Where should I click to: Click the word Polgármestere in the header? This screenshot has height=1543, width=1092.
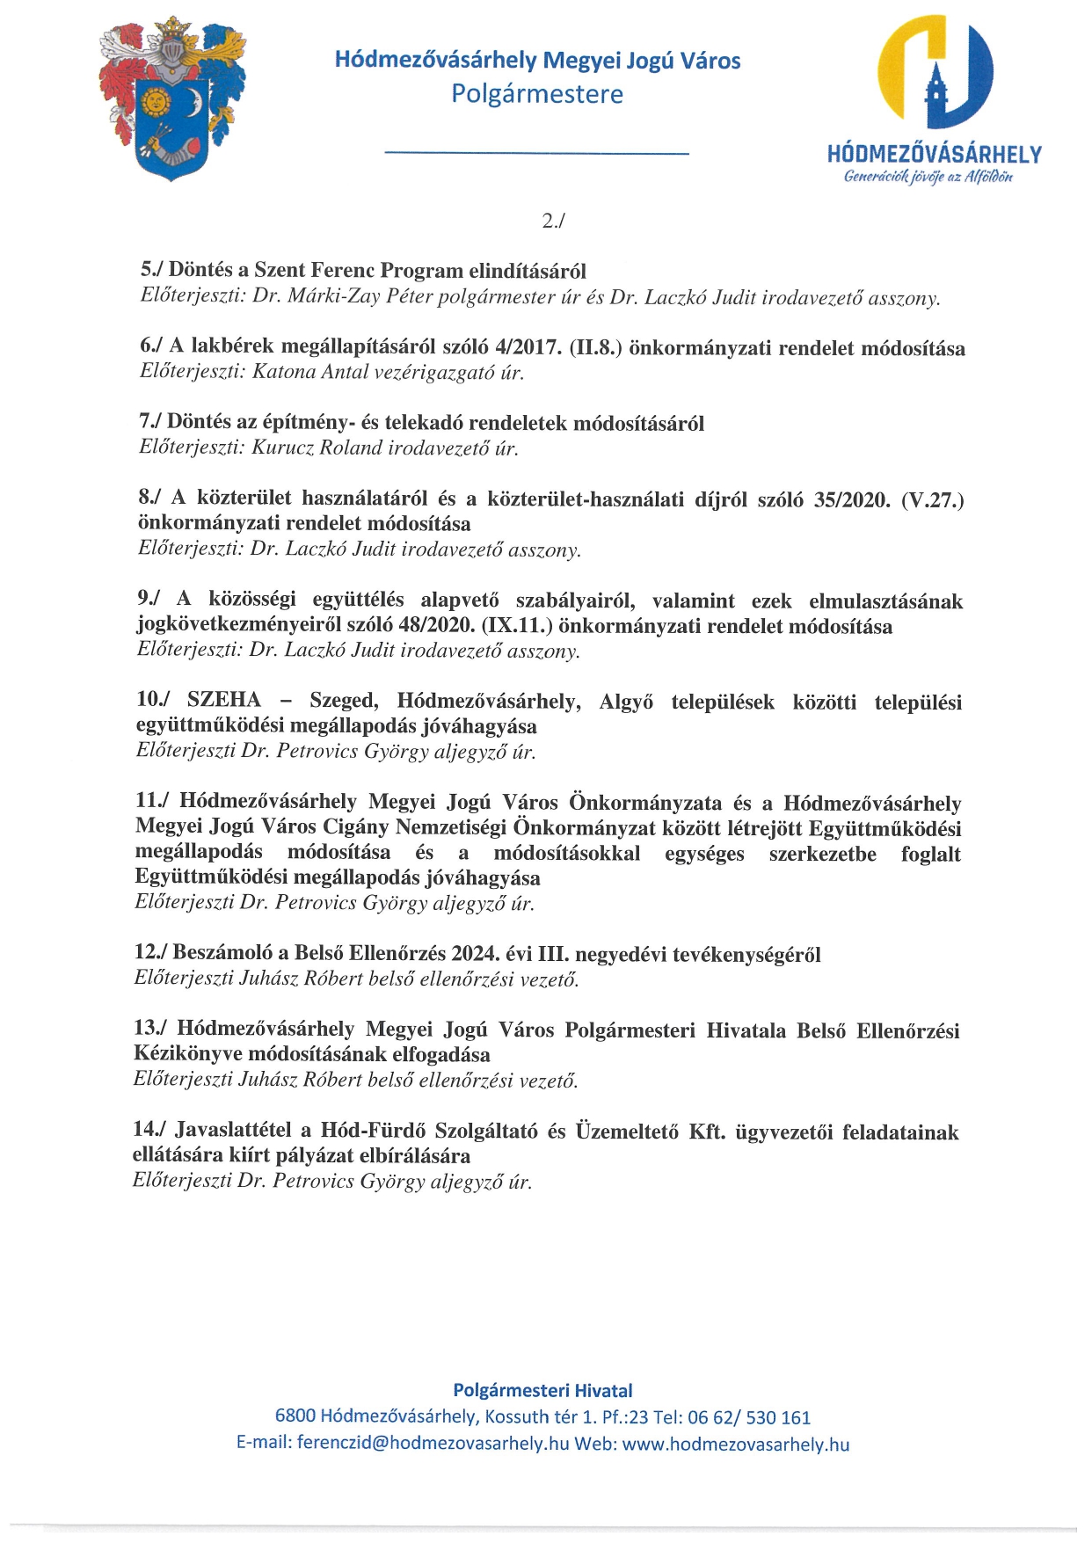tap(537, 94)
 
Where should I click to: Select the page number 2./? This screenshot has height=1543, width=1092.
tap(552, 221)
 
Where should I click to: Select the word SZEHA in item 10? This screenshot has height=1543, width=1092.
tap(224, 700)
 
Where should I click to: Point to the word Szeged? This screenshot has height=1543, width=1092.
tap(344, 701)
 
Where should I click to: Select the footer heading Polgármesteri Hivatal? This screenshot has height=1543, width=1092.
tap(542, 1390)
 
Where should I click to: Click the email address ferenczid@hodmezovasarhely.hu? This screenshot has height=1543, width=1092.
tap(433, 1443)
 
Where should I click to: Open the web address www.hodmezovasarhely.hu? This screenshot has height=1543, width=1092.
tap(735, 1443)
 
